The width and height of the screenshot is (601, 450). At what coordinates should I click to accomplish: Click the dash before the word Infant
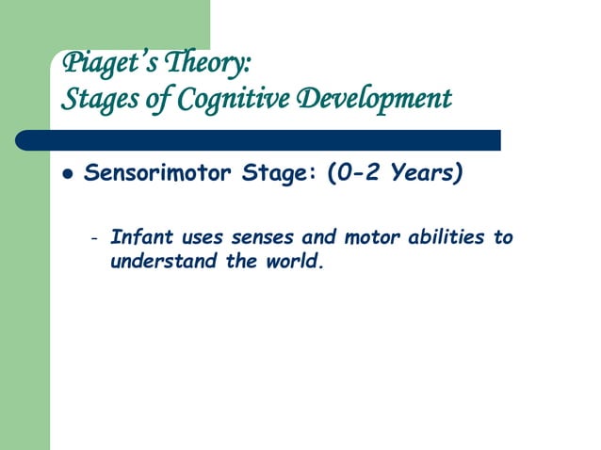(93, 237)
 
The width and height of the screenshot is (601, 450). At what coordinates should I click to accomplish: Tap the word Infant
(138, 236)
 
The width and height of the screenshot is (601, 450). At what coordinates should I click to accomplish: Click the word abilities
(441, 236)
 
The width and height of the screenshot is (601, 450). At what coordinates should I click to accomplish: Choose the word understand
(164, 261)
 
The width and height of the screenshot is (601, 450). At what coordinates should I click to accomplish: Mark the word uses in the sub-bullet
(197, 236)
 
